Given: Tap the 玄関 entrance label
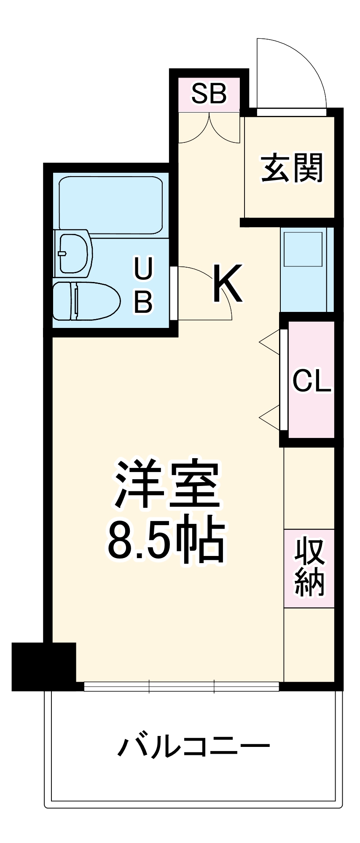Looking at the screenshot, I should click(292, 168).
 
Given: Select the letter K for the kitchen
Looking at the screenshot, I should click(228, 283).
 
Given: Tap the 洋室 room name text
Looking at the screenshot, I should click(167, 484).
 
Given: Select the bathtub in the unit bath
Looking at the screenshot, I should click(111, 204).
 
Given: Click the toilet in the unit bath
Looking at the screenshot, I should click(86, 301).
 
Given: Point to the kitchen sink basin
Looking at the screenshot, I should click(303, 248).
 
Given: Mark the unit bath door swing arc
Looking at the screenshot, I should click(211, 287).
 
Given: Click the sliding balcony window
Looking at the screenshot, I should click(181, 687).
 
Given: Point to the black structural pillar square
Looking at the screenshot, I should click(43, 666).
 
